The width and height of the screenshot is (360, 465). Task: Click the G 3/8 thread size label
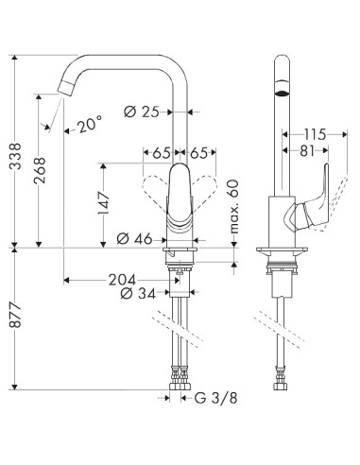[x=206, y=399]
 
